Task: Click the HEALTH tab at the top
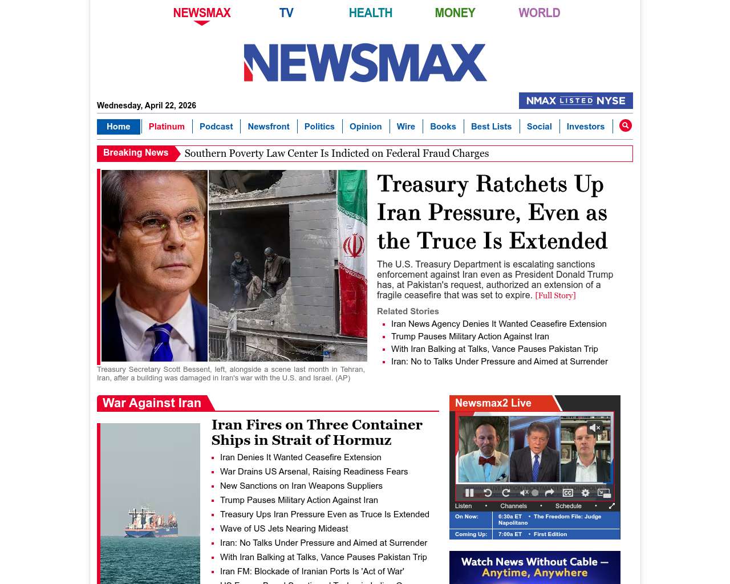pos(370,13)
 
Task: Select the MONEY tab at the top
pos(455,13)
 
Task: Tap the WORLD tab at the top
pos(539,13)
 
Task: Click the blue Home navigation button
pos(118,127)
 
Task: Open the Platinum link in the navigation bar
pos(167,127)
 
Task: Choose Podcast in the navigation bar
pos(216,127)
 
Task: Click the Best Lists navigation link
pos(491,127)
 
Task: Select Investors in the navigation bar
pos(585,127)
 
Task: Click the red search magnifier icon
pos(626,125)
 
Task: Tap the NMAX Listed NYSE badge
pos(575,100)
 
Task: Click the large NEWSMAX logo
pos(365,63)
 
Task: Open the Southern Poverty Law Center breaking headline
pos(336,153)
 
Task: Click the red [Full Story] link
pos(555,295)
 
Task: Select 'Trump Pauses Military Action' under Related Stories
pos(470,336)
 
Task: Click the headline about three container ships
pos(317,432)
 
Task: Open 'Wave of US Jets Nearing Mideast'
pos(284,529)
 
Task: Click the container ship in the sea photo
pos(151,521)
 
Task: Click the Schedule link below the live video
pos(568,506)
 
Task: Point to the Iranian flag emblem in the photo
pos(354,246)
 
